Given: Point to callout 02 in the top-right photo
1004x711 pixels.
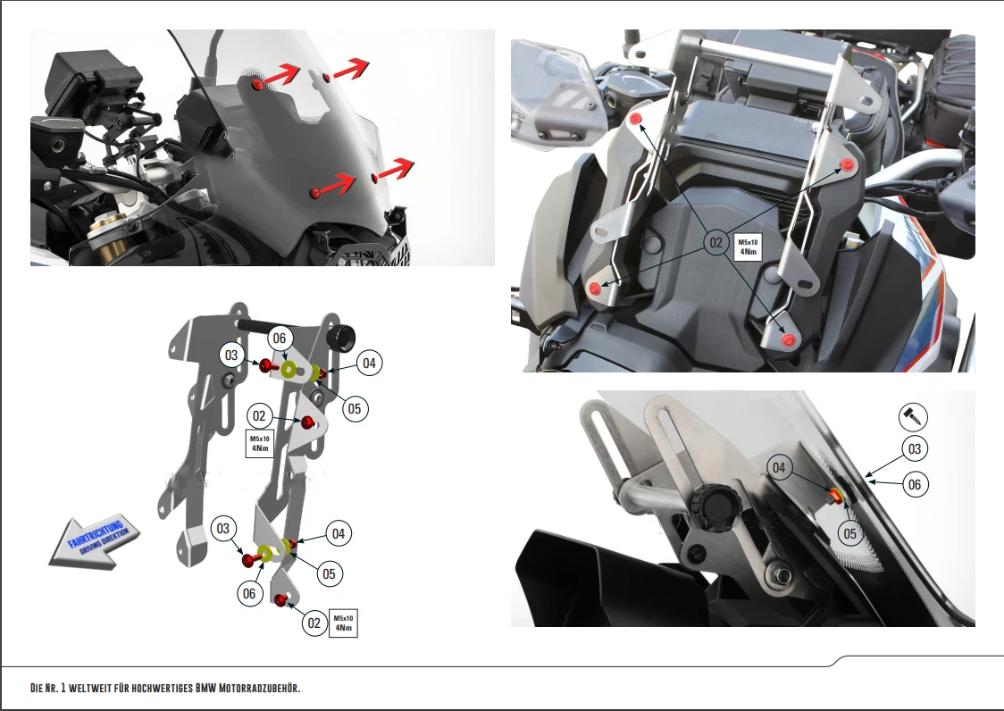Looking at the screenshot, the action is [x=715, y=242].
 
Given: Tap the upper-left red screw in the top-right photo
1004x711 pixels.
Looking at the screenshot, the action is [x=635, y=120].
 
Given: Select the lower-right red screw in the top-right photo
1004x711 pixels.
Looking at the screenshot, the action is [x=787, y=339].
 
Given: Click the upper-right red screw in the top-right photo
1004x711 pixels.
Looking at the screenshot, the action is [x=847, y=167].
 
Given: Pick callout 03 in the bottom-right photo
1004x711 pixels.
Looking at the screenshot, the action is [x=913, y=449].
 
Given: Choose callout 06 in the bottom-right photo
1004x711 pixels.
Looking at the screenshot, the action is [x=913, y=484].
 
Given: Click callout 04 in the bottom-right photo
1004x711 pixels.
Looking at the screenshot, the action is [x=779, y=468].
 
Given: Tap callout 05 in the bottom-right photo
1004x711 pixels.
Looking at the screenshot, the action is [x=849, y=533].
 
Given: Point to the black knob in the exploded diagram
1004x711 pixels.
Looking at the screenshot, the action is [x=341, y=338].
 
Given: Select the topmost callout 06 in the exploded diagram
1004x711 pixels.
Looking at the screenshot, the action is [x=280, y=338].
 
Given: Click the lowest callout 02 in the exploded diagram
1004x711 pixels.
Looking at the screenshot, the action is [x=314, y=623].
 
